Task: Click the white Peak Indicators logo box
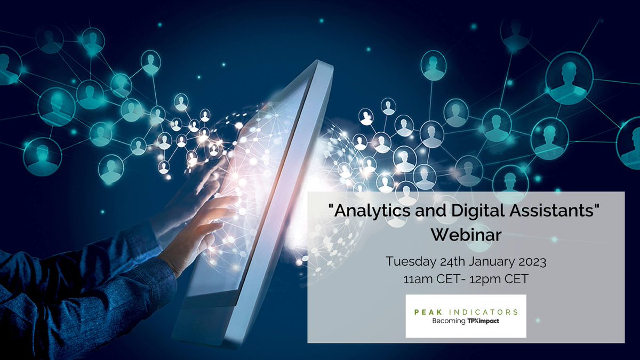466,316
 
